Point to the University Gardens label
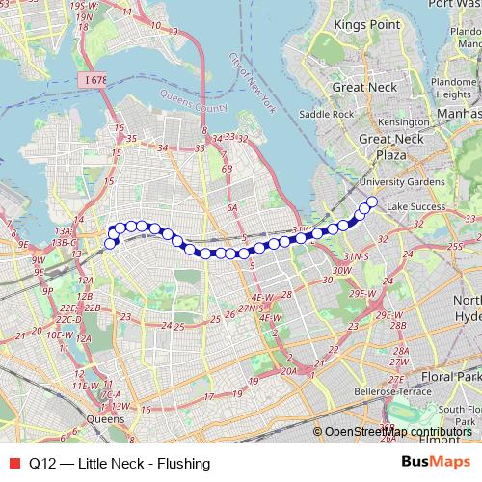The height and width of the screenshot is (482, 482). coord(395,180)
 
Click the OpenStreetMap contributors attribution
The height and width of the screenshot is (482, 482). coord(397,432)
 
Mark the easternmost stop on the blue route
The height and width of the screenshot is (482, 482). coord(371,201)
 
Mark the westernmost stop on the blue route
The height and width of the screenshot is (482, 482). coord(110,243)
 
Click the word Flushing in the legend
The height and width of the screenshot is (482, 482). coord(184,463)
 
